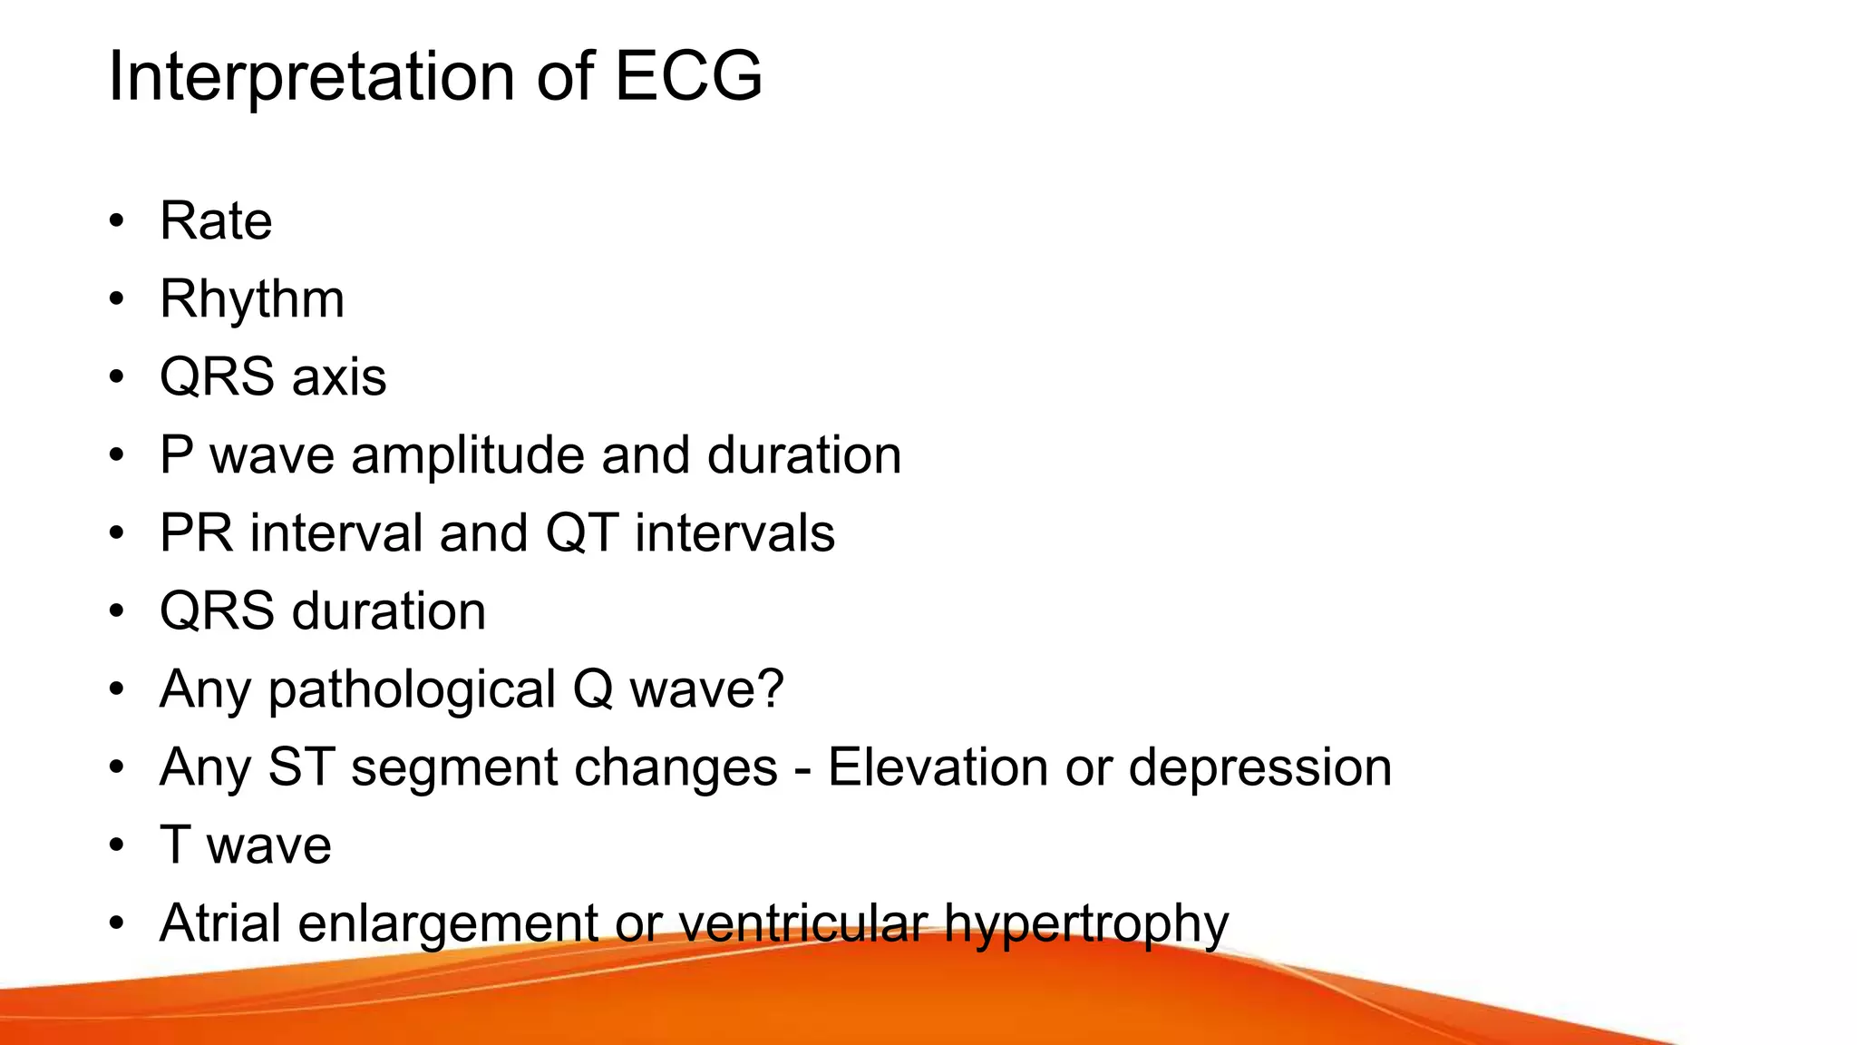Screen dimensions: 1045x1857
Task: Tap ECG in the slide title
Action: (688, 76)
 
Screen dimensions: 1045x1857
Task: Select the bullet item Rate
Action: (216, 220)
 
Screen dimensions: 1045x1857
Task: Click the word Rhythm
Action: (252, 299)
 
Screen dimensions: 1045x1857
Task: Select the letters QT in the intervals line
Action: (581, 532)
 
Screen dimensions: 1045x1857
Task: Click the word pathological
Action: (412, 689)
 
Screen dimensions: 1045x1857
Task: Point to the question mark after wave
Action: (771, 689)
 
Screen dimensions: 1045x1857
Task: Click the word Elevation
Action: (937, 767)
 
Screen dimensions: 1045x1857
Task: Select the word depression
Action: (1260, 768)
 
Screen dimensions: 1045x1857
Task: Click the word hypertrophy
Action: (1086, 924)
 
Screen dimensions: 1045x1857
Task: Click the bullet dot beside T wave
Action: (116, 845)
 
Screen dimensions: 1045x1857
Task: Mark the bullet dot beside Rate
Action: (116, 221)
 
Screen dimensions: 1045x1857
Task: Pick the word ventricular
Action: (802, 923)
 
